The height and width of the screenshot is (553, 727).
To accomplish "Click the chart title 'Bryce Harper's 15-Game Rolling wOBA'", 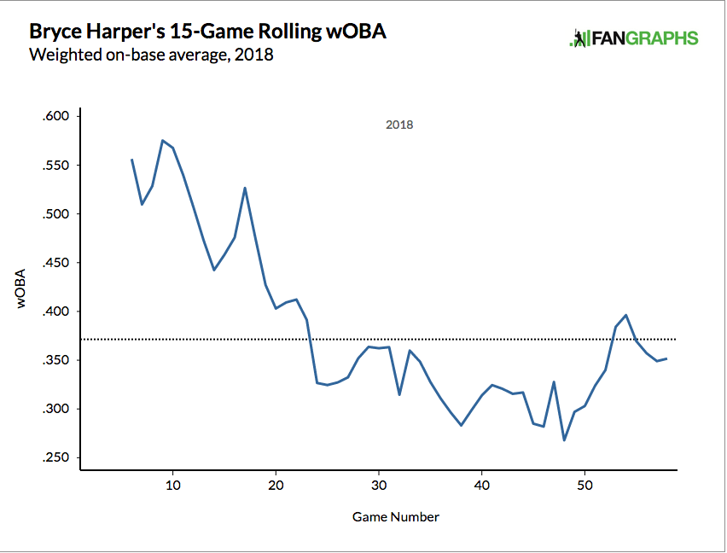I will [x=206, y=32].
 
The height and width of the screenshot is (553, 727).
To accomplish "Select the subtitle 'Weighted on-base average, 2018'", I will [x=150, y=55].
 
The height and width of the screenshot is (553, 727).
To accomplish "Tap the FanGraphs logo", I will [x=633, y=38].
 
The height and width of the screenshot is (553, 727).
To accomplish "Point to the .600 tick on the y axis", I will [x=60, y=116].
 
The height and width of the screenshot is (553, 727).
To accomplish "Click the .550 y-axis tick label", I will [x=60, y=165].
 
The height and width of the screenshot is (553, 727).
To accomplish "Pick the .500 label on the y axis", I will [x=60, y=213].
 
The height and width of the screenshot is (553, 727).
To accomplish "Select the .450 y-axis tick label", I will [x=60, y=263].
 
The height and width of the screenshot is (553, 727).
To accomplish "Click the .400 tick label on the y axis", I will [x=60, y=311].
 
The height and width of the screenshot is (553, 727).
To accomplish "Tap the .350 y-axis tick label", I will [x=60, y=360].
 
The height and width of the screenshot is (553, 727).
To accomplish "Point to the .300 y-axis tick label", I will [x=60, y=409].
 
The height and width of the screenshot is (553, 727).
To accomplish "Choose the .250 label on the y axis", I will [x=60, y=458].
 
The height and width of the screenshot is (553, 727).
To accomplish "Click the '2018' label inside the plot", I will [x=399, y=125].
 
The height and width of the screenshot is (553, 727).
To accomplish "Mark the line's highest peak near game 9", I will [x=162, y=140].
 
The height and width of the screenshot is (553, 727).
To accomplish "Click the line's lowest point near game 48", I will [x=564, y=440].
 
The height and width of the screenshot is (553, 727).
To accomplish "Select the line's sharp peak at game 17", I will [x=245, y=188].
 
